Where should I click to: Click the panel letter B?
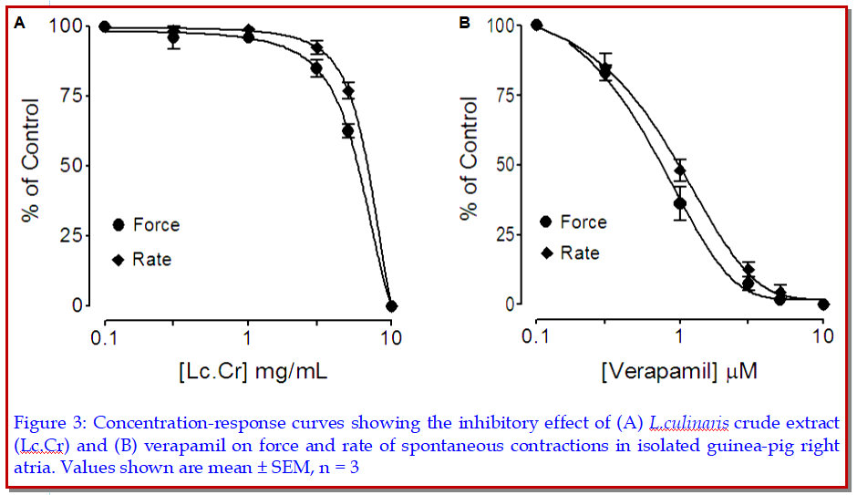click(x=464, y=23)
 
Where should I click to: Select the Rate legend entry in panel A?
click(x=151, y=260)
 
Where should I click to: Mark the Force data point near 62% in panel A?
click(x=347, y=130)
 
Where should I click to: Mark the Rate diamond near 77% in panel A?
click(x=348, y=91)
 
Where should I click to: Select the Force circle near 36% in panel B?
click(x=679, y=203)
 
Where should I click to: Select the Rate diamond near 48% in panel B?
click(x=679, y=170)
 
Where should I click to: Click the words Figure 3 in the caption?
click(x=49, y=423)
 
